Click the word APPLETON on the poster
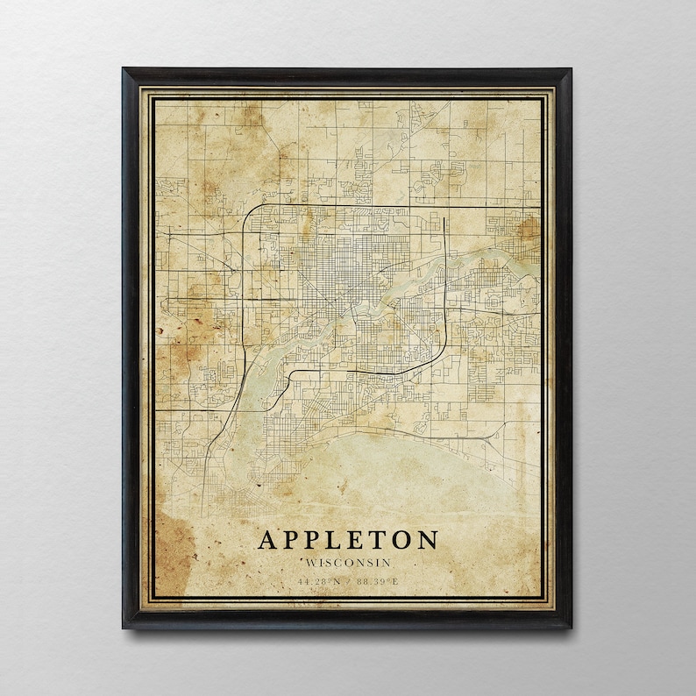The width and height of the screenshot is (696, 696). click(x=348, y=539)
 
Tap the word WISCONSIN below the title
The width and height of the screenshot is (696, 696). click(x=348, y=562)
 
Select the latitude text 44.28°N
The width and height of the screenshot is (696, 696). click(x=319, y=580)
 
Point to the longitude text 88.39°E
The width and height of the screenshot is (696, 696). click(x=377, y=580)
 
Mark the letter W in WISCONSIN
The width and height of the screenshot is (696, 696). click(x=309, y=562)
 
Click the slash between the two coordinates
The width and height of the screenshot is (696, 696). click(x=349, y=580)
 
